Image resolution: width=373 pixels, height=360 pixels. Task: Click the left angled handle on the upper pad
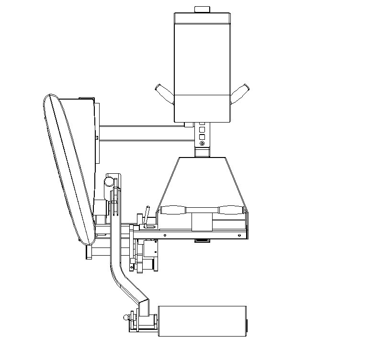tap(164, 93)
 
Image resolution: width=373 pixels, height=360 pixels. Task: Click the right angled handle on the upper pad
tap(240, 93)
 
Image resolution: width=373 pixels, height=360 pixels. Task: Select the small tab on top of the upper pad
tap(202, 9)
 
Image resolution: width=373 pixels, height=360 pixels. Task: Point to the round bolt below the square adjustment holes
tap(202, 144)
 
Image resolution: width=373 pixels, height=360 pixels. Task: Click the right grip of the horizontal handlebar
tap(228, 210)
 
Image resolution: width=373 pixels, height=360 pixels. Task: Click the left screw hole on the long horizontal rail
tap(164, 235)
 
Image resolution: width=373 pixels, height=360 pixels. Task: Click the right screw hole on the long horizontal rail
tap(240, 235)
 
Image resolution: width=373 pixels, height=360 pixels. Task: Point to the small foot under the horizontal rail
tap(202, 240)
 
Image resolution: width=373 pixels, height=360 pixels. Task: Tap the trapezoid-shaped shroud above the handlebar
tap(202, 182)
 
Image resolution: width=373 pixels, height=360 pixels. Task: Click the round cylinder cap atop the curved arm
tap(110, 182)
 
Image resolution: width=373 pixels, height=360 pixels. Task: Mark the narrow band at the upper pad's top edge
tap(202, 18)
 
